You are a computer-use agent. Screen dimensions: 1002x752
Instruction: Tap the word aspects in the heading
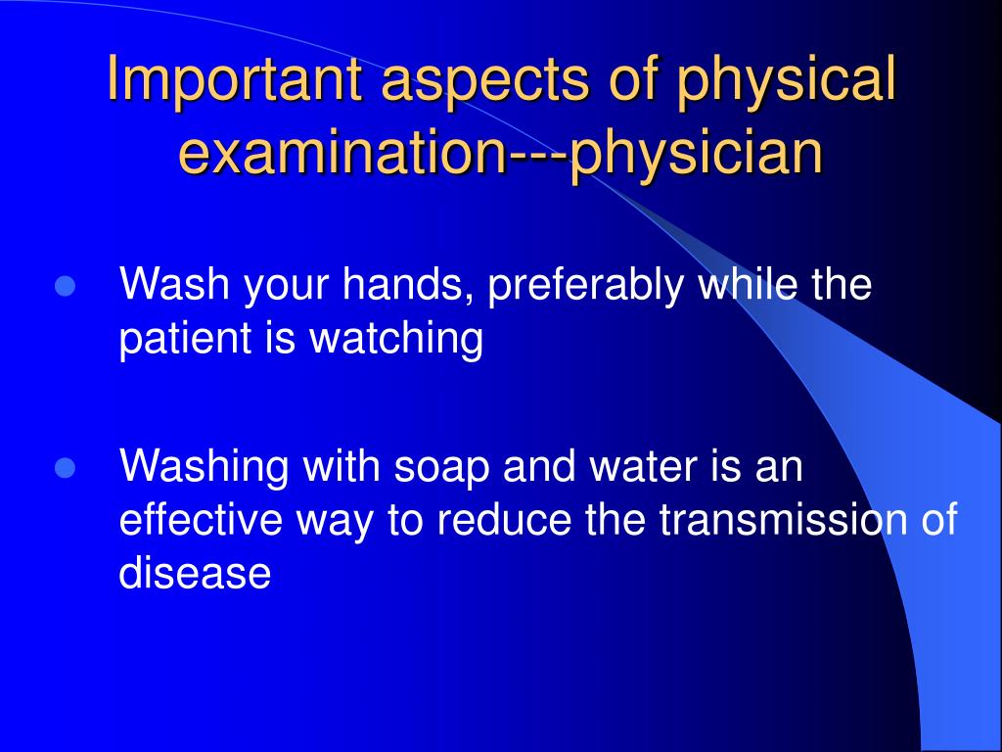(x=485, y=82)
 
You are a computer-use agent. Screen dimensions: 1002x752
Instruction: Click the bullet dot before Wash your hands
(x=66, y=287)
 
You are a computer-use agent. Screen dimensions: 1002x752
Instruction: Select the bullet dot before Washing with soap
(x=66, y=468)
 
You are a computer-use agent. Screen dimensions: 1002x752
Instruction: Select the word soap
(x=441, y=470)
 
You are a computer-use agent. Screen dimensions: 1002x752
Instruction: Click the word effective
(x=201, y=519)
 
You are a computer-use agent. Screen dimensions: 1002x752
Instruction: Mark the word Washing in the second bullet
(x=204, y=469)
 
